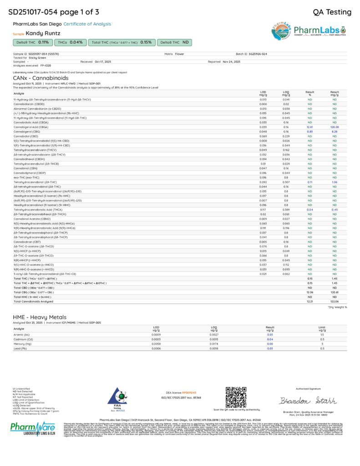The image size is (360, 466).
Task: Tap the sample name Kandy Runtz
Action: click(x=43, y=33)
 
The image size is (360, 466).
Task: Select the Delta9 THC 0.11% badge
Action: click(x=32, y=42)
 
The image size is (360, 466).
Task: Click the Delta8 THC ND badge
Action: click(x=174, y=42)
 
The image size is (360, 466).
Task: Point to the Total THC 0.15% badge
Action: click(x=122, y=42)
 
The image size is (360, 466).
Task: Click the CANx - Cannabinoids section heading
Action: click(x=34, y=78)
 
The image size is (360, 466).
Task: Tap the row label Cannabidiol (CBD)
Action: click(x=26, y=136)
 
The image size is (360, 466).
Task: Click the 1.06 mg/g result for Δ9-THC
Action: click(x=335, y=182)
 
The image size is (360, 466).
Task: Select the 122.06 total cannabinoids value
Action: click(x=335, y=301)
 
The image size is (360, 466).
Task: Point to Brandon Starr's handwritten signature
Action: click(x=308, y=400)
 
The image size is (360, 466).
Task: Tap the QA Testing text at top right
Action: click(x=332, y=12)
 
